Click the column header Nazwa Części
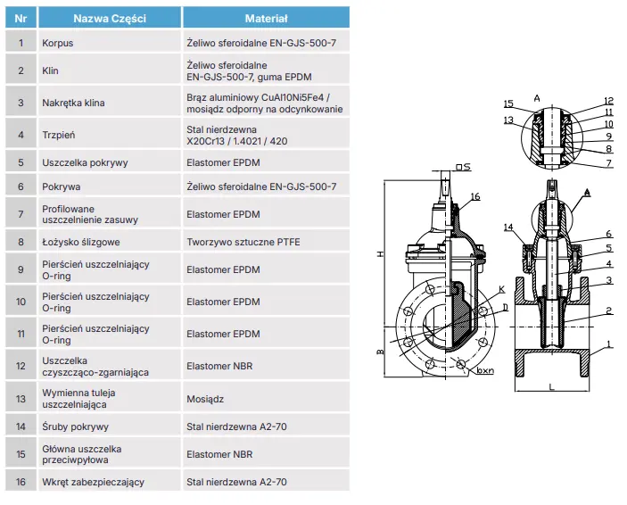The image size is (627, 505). (110, 18)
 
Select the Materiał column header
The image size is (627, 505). (266, 18)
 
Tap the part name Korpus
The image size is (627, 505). (57, 42)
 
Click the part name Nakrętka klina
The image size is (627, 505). (73, 103)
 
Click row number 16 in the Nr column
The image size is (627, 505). (20, 482)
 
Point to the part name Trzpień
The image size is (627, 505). (58, 136)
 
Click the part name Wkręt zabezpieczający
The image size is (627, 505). (93, 482)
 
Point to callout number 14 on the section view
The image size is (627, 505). (508, 228)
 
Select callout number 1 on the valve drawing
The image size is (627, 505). (609, 344)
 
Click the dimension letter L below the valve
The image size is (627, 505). (552, 387)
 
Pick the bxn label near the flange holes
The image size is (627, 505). (485, 368)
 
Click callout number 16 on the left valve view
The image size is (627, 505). (475, 195)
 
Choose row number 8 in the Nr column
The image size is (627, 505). (20, 241)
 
